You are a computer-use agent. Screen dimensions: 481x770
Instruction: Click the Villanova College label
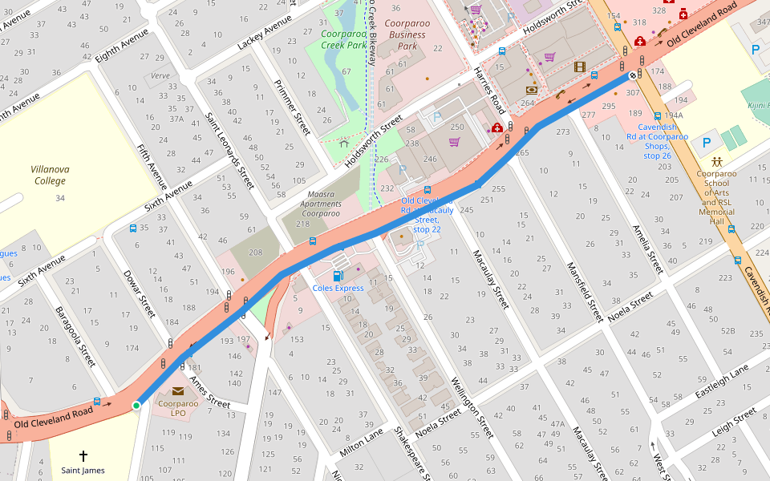[x=48, y=175]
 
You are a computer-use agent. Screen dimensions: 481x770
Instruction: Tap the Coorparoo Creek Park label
[x=343, y=39]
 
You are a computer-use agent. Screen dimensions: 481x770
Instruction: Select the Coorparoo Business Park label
[x=407, y=34]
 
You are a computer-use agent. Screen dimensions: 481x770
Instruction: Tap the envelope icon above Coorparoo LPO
[x=177, y=390]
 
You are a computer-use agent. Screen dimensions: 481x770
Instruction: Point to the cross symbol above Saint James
[x=83, y=455]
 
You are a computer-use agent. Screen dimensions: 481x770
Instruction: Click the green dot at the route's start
[x=136, y=406]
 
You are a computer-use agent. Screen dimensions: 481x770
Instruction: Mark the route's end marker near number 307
[x=632, y=75]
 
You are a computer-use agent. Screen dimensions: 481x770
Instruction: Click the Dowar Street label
[x=139, y=295]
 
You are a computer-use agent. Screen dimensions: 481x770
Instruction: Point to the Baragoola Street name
[x=75, y=337]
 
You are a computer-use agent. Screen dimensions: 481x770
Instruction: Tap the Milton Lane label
[x=361, y=443]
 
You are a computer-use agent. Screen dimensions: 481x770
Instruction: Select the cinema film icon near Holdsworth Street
[x=580, y=67]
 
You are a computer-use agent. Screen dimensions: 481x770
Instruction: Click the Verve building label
[x=160, y=76]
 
